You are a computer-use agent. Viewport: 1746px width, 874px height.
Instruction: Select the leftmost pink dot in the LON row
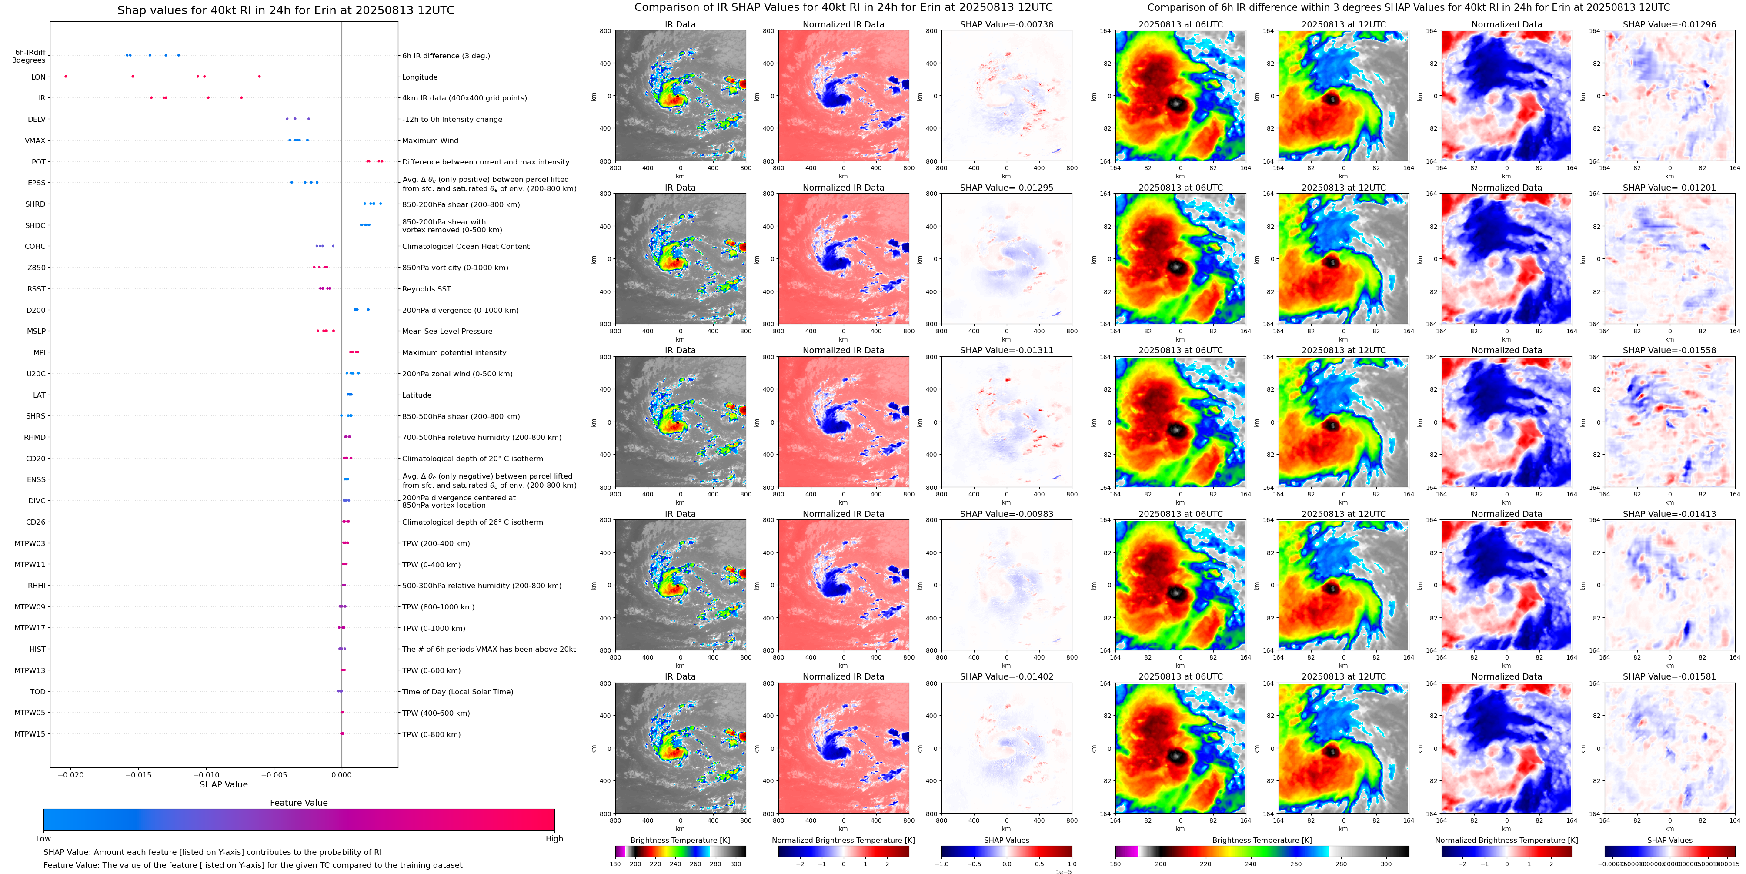point(66,77)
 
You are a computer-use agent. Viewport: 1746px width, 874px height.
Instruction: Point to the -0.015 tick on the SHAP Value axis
point(138,774)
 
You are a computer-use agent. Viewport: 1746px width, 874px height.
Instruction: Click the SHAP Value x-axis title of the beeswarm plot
point(223,784)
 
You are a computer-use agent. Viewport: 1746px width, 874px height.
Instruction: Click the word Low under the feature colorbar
point(43,839)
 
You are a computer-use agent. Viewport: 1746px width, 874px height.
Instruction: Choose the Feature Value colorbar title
point(298,803)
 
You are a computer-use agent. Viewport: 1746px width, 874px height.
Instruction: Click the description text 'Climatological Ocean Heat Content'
point(466,247)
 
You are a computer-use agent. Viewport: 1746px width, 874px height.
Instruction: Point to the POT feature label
point(39,162)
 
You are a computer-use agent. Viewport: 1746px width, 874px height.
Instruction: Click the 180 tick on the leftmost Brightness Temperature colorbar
point(615,864)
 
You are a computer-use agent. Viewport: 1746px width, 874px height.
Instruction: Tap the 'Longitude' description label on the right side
point(420,77)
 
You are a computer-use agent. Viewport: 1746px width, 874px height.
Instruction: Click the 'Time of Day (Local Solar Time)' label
point(457,692)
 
